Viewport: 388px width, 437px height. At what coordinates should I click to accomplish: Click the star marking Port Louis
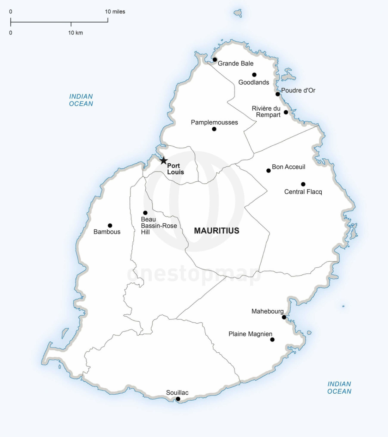point(164,161)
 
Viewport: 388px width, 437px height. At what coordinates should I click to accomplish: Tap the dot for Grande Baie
point(215,60)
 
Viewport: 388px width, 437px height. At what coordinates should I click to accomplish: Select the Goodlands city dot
point(254,75)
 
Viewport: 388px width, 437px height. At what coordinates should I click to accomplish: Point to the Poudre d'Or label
point(298,90)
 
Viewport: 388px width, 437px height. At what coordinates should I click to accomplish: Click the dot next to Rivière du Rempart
point(286,112)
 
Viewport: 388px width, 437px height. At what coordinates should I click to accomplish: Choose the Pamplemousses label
point(214,122)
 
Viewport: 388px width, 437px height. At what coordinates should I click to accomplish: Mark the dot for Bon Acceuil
point(269,171)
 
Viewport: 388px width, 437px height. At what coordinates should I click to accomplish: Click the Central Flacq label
point(303,192)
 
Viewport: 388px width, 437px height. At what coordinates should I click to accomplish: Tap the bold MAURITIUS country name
point(217,231)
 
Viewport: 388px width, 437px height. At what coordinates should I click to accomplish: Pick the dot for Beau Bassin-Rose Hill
point(145,213)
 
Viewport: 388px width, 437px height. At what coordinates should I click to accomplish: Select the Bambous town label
point(107,232)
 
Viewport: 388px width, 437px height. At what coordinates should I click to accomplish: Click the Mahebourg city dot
point(284,317)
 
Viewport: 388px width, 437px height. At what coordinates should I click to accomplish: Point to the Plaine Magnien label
point(250,334)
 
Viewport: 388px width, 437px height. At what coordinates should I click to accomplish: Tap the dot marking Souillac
point(178,399)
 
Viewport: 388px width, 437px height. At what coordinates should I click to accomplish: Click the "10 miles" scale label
point(115,12)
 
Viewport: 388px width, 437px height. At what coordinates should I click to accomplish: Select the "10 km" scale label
point(75,33)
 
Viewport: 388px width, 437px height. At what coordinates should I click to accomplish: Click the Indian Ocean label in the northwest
point(81,100)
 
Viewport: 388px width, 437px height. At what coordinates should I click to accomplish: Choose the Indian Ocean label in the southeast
point(339,388)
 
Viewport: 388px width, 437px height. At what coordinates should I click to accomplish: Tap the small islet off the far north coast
point(238,13)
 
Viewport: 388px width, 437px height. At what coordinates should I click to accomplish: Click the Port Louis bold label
point(175,169)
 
